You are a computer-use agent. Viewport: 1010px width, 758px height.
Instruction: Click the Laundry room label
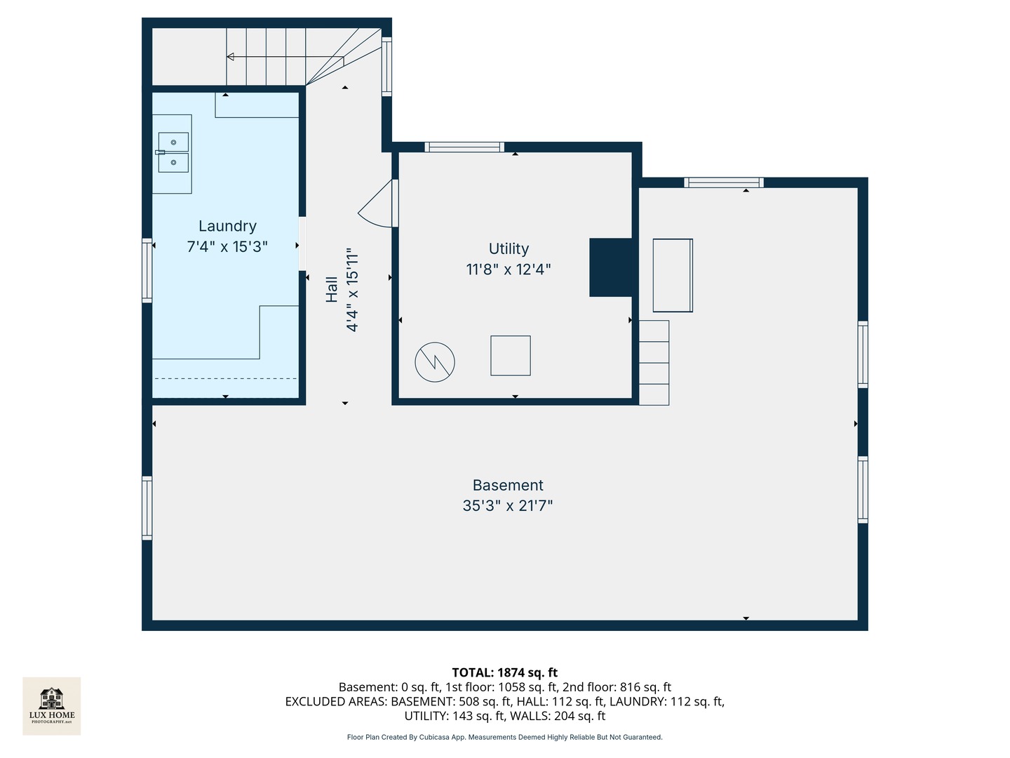tap(227, 226)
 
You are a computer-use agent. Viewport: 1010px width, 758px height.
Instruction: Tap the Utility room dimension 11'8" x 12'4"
tap(509, 270)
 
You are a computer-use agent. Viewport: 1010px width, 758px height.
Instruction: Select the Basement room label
tap(508, 485)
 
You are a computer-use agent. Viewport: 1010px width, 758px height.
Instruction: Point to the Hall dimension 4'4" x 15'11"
tap(352, 289)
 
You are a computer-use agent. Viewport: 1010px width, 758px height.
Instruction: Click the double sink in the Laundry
tap(173, 152)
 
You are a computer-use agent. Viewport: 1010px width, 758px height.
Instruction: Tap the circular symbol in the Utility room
tap(435, 362)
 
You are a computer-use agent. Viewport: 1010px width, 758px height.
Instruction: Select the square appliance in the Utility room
tap(511, 356)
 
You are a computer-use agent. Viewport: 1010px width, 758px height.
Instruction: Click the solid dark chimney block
tap(611, 267)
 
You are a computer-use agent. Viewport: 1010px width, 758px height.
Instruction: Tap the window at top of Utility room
tap(464, 147)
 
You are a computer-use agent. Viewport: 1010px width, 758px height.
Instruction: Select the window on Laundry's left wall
tap(147, 270)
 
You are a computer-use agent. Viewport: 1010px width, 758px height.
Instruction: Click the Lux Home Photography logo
tap(52, 705)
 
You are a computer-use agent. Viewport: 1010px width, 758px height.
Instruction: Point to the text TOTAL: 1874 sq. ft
tap(504, 672)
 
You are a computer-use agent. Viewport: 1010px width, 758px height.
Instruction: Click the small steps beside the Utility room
tap(654, 363)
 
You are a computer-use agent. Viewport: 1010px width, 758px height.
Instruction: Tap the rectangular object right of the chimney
tap(673, 275)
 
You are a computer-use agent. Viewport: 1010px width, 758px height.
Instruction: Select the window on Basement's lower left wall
tap(147, 508)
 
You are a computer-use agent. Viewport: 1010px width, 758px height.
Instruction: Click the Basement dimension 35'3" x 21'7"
tap(508, 506)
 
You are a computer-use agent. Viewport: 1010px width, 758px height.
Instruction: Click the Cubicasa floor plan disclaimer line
tap(504, 737)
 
